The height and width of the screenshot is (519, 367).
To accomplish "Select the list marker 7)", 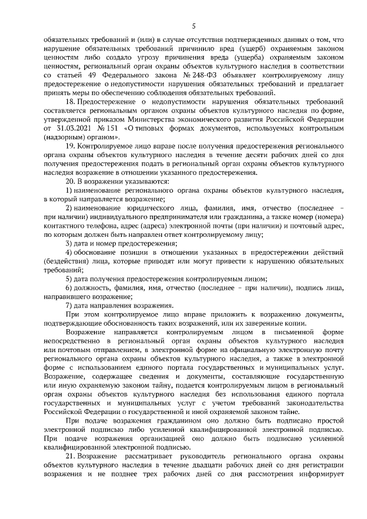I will tap(68, 305).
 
